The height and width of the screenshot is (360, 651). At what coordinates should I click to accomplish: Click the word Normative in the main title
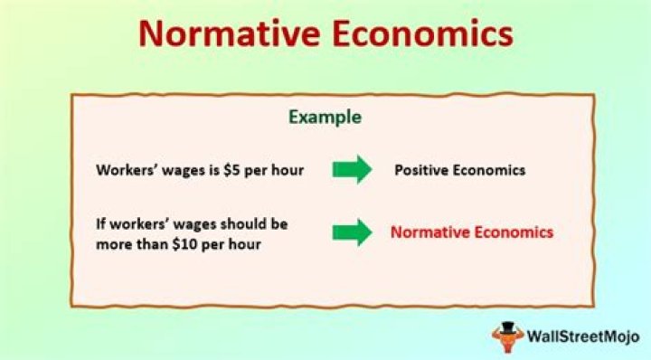pyautogui.click(x=229, y=33)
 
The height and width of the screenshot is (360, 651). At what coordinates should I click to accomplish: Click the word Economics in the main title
pyautogui.click(x=423, y=33)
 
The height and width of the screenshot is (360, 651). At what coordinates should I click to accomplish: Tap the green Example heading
pyautogui.click(x=325, y=118)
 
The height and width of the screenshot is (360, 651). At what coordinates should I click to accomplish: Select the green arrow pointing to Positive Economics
pyautogui.click(x=352, y=169)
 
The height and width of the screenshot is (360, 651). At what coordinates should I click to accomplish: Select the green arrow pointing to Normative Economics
pyautogui.click(x=352, y=232)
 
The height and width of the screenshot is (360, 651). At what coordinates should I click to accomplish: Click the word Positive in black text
pyautogui.click(x=421, y=170)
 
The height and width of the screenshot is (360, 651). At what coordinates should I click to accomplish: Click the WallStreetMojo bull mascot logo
pyautogui.click(x=507, y=336)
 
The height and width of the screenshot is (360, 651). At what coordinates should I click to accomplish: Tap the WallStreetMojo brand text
pyautogui.click(x=583, y=336)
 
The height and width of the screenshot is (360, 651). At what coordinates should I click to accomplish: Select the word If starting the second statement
pyautogui.click(x=101, y=224)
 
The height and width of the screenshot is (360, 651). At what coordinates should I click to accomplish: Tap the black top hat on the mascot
pyautogui.click(x=507, y=327)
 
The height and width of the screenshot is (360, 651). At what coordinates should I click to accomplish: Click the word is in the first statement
pyautogui.click(x=213, y=170)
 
